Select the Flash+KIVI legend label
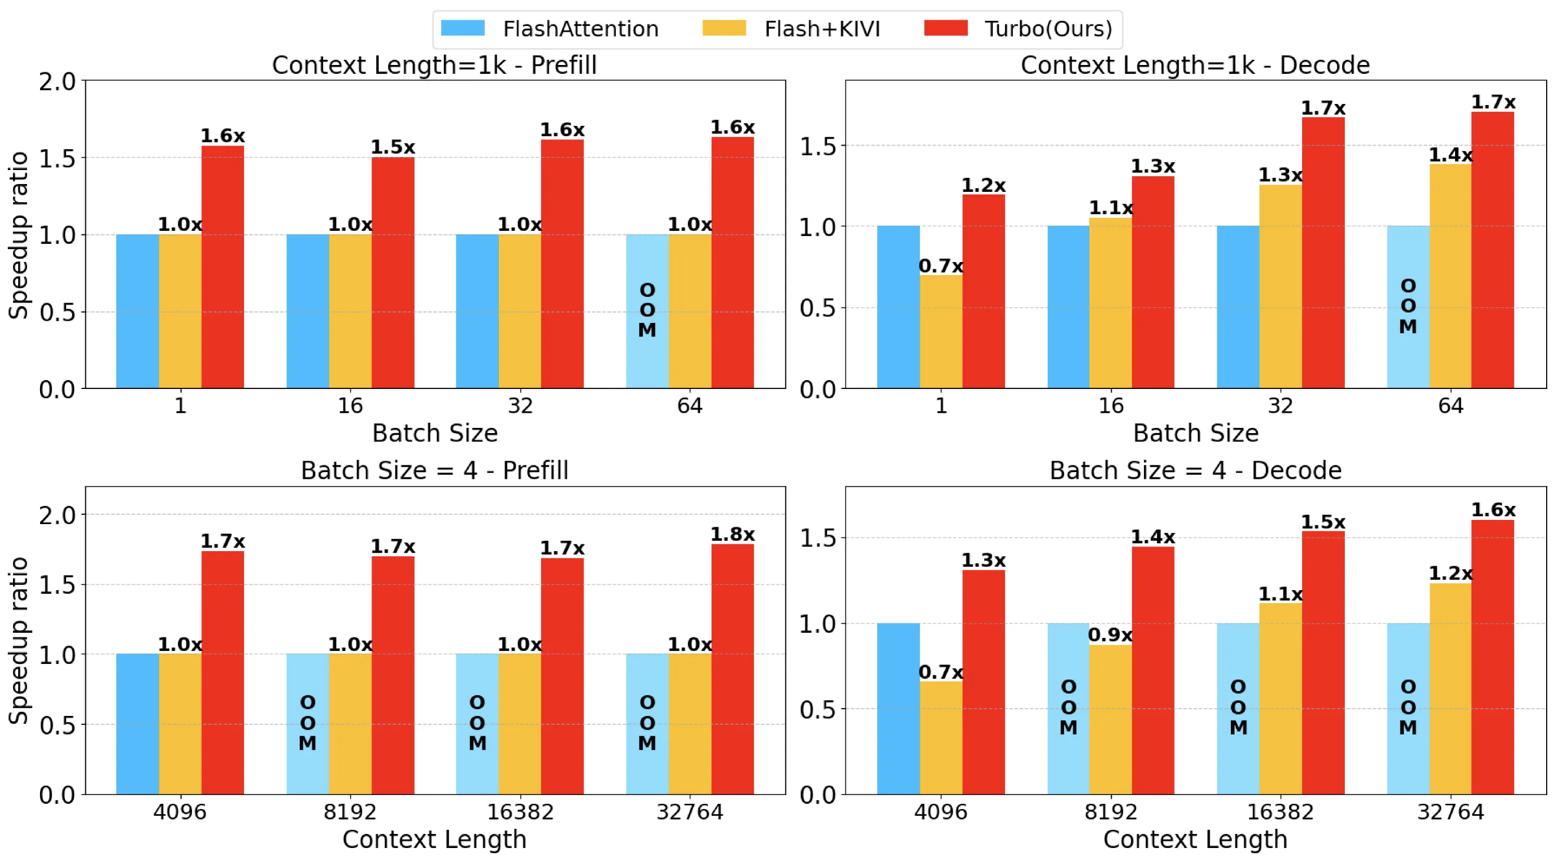[x=822, y=29]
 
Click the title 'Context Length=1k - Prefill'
[x=434, y=65]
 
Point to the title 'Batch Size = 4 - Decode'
[x=1195, y=471]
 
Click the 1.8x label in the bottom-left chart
[x=732, y=534]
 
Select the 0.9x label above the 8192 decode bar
[x=1110, y=635]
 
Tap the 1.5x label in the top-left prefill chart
[x=392, y=147]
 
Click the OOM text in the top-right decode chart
[x=1408, y=306]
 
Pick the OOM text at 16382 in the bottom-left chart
[x=477, y=723]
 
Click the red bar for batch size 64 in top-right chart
[x=1492, y=250]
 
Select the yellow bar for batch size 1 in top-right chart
[x=941, y=332]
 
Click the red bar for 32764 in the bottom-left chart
[x=732, y=670]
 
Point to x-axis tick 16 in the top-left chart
[x=350, y=406]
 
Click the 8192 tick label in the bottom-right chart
[x=1111, y=812]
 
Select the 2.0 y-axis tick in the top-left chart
[x=58, y=82]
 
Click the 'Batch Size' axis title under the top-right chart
[x=1195, y=433]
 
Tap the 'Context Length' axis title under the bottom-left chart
[x=434, y=839]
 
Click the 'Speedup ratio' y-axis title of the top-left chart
[x=19, y=234]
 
